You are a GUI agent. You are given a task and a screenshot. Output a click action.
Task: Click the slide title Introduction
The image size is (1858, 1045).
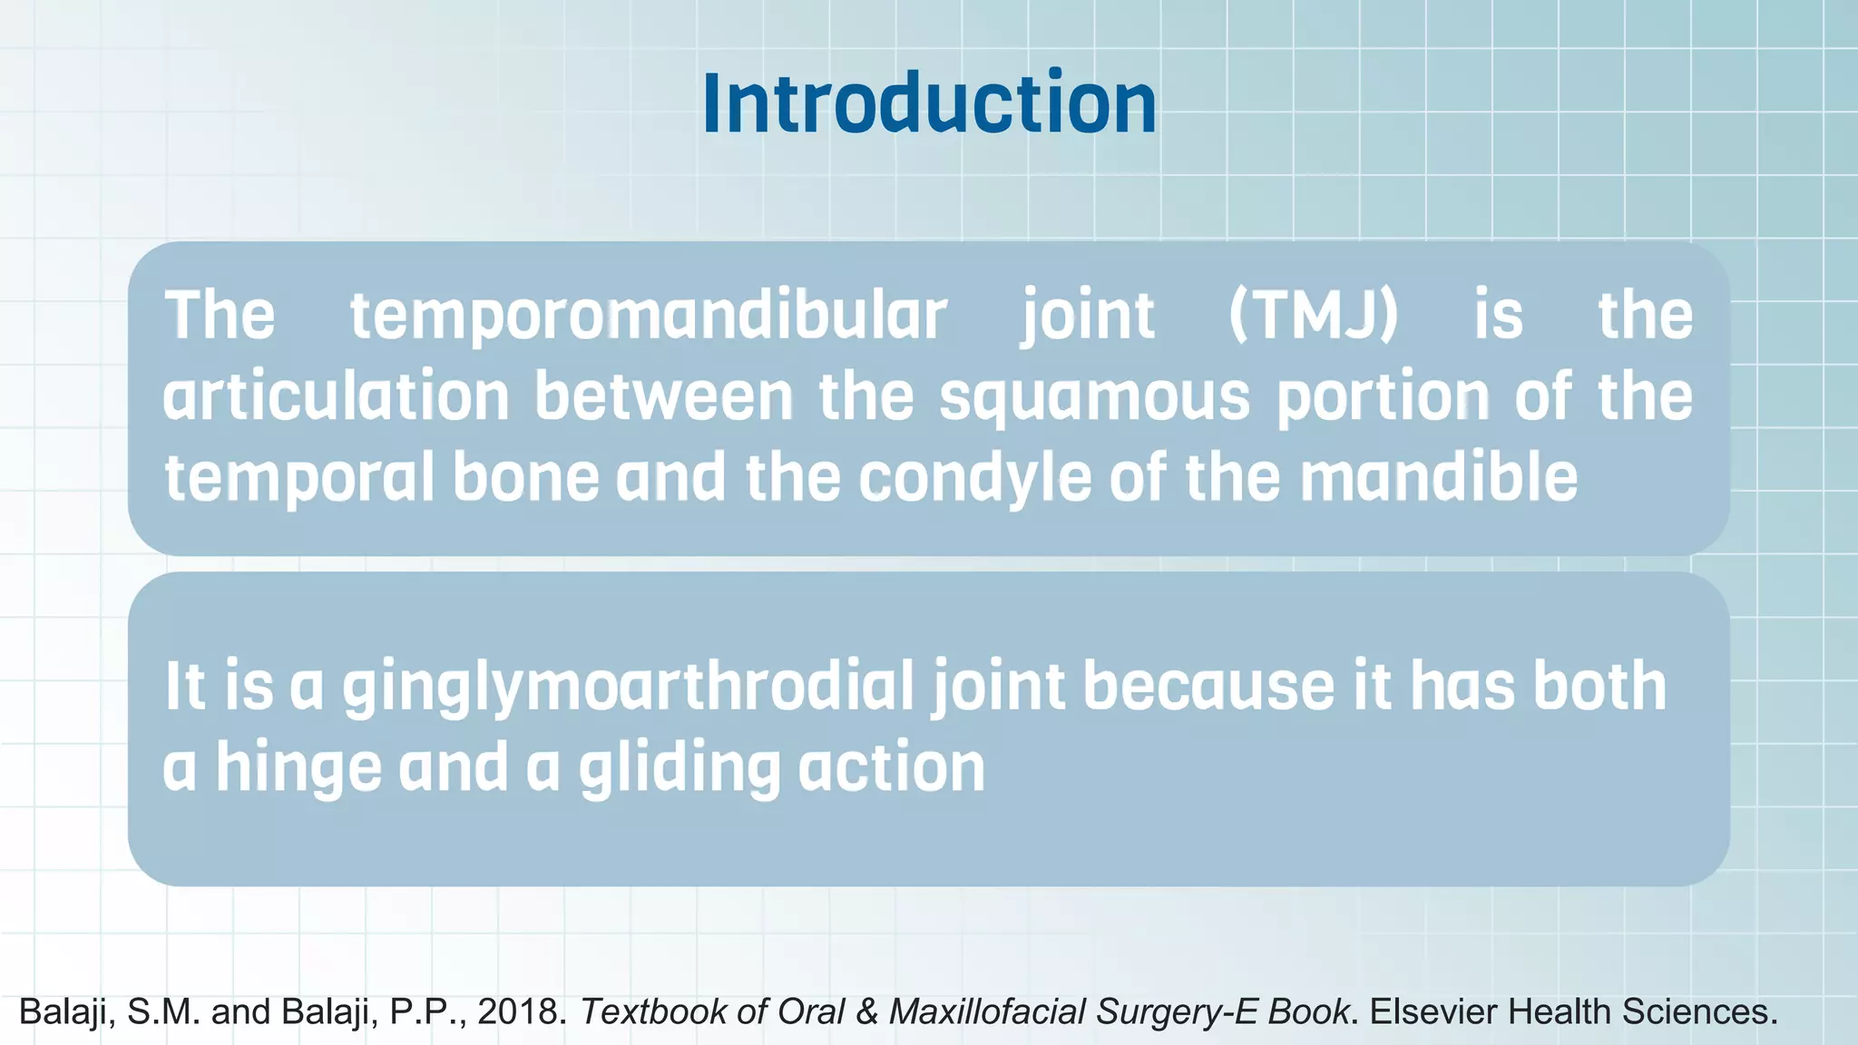point(929,103)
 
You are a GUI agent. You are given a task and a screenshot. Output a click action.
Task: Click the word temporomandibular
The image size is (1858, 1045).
point(648,316)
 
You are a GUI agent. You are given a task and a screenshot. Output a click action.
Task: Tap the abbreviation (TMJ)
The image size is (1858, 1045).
point(1313,316)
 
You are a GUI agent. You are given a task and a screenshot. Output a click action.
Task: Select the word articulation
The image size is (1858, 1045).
point(336,397)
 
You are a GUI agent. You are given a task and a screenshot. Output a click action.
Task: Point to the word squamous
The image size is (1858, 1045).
point(1094,397)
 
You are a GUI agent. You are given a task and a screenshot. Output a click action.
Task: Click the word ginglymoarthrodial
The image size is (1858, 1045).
point(628,687)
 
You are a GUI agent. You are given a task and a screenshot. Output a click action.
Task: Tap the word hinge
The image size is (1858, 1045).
point(298,768)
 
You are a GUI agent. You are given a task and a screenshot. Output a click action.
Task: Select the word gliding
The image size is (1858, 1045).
point(679,768)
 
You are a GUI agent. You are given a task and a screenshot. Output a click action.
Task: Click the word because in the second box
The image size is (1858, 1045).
point(1208,687)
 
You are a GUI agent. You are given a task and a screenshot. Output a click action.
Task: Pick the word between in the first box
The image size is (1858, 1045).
point(663,397)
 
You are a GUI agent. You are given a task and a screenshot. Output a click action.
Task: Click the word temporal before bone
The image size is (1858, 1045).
point(299,479)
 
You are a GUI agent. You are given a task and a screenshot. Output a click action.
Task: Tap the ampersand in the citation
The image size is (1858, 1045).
point(866,1011)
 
